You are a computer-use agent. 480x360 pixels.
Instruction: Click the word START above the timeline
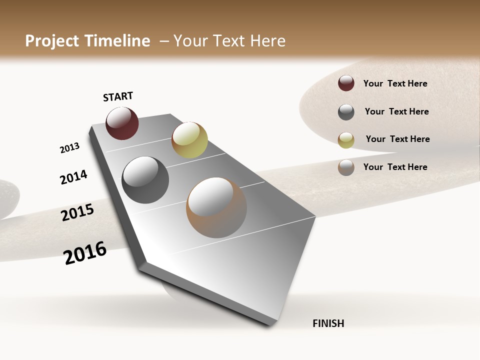tap(118, 96)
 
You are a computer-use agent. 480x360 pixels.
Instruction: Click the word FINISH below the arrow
tap(328, 323)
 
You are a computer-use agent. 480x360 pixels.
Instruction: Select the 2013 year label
tap(69, 148)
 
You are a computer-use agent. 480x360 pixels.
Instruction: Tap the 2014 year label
tap(73, 177)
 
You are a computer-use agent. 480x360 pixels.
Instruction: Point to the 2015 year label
tap(77, 212)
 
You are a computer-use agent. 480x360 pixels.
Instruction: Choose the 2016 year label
tap(85, 252)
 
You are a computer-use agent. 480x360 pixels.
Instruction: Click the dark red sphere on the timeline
tap(122, 123)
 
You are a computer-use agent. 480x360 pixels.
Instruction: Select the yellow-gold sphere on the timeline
tap(189, 139)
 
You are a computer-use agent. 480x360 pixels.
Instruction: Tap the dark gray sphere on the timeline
tap(145, 180)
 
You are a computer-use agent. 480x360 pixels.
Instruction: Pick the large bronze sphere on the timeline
tap(216, 207)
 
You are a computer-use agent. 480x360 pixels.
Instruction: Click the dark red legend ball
tap(346, 83)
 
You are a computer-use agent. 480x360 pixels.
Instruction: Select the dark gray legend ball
tap(346, 112)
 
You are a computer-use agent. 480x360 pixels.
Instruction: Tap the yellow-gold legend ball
tap(346, 139)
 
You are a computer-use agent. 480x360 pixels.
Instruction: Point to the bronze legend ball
tap(346, 167)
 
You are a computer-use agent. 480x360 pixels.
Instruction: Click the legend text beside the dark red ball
tap(395, 83)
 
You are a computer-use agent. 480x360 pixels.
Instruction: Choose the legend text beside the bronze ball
tap(395, 167)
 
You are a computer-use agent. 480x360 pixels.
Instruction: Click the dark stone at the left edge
tap(7, 197)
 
